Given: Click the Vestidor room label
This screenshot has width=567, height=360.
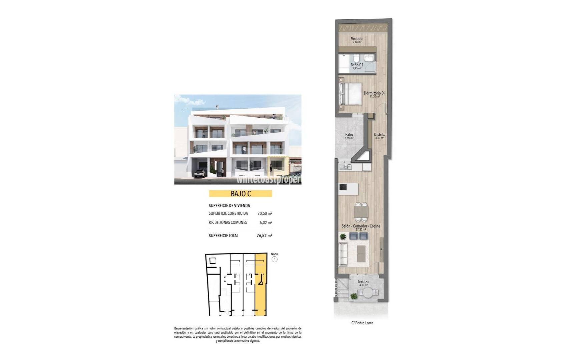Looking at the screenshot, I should pos(357,39).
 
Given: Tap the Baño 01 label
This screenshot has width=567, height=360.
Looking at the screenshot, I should pos(357,65).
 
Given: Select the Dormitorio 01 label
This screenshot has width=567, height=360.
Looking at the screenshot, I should pos(374,93).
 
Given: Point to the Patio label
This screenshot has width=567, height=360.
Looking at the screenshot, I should pos(349,135).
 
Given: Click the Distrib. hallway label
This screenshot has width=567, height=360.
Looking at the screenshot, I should pos(379,135).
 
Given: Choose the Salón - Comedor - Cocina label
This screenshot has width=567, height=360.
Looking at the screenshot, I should pos(361,226).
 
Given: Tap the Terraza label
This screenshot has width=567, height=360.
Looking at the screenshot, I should pos(363,282).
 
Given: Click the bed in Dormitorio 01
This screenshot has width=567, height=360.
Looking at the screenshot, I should pos(350,94).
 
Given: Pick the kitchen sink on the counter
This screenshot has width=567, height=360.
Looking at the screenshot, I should pos(346,166).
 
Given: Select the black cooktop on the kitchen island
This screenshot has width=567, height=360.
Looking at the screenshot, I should pos(343,187).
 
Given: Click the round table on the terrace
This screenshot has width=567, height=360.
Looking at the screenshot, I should pos(368,293).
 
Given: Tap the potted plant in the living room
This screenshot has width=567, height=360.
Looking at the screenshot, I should pos(343,237).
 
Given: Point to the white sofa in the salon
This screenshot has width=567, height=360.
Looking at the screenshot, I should pos(343,254).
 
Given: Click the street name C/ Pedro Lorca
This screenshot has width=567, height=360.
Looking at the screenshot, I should pos(362,323).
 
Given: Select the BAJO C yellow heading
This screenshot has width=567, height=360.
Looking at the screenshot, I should pos(240,194).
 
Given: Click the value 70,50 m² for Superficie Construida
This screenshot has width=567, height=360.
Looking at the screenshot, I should pos(265,213).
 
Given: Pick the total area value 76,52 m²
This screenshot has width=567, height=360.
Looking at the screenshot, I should pos(264,236).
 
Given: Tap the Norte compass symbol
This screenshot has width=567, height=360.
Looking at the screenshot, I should pos(274,259).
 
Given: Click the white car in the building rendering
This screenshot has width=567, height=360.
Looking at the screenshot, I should pos(200,173).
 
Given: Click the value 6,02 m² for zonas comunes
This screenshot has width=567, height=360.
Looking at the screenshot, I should pos(266,222).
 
